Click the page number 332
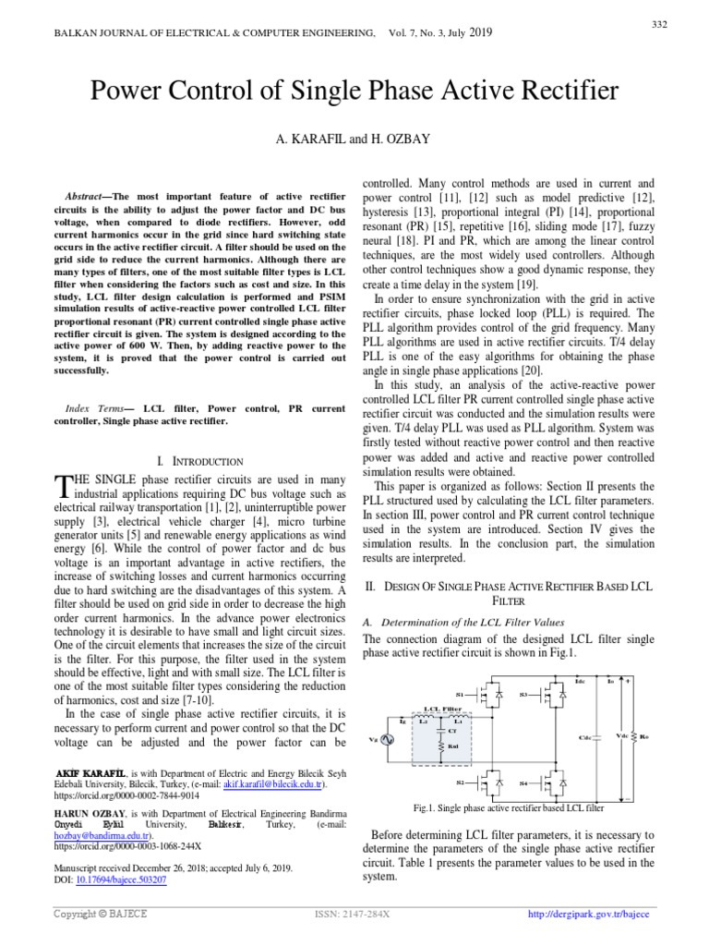(x=660, y=24)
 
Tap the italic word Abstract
(x=87, y=197)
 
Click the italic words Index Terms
(x=91, y=407)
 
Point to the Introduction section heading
(x=200, y=460)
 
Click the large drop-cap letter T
(x=63, y=486)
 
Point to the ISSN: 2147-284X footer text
(x=353, y=915)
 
